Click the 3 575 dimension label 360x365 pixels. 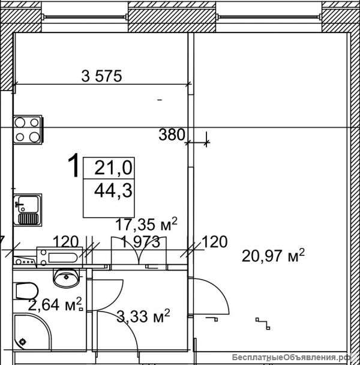(101, 76)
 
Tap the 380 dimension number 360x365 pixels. (172, 134)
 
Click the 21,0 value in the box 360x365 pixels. (113, 168)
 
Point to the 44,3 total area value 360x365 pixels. (113, 191)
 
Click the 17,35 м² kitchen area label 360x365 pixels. (146, 224)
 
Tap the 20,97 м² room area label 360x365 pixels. (273, 256)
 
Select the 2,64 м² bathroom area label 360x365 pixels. (55, 305)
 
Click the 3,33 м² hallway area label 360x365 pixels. (143, 316)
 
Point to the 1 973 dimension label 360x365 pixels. (140, 242)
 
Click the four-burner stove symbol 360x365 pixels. (28, 130)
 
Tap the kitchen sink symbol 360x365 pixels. (28, 210)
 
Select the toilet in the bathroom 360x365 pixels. (27, 291)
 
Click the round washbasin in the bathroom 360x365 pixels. (67, 277)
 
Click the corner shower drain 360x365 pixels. (23, 342)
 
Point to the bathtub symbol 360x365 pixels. (59, 257)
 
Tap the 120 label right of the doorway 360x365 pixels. (215, 242)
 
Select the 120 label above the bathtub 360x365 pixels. (65, 241)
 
